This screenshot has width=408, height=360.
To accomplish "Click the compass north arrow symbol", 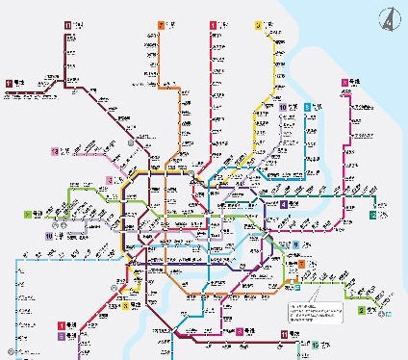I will [389, 16].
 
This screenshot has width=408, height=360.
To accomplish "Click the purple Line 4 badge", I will [284, 204].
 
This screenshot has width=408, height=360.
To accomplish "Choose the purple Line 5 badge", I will [63, 337].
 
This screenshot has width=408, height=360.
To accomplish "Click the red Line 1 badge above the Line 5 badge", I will [63, 326].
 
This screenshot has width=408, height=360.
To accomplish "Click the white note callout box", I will [314, 315].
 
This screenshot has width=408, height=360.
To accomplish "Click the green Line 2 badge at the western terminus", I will [29, 214].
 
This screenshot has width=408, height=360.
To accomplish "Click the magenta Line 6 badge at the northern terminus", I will [344, 83].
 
